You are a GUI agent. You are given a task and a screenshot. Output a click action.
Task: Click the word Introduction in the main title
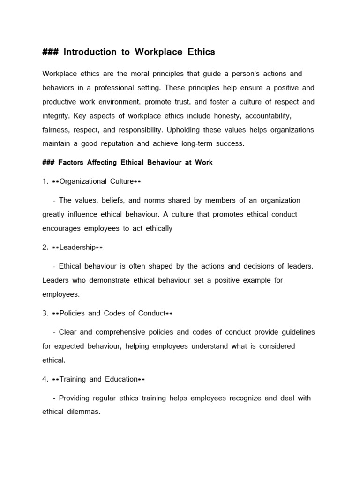click(90, 52)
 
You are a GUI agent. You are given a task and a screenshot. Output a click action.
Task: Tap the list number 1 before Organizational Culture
click(45, 181)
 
